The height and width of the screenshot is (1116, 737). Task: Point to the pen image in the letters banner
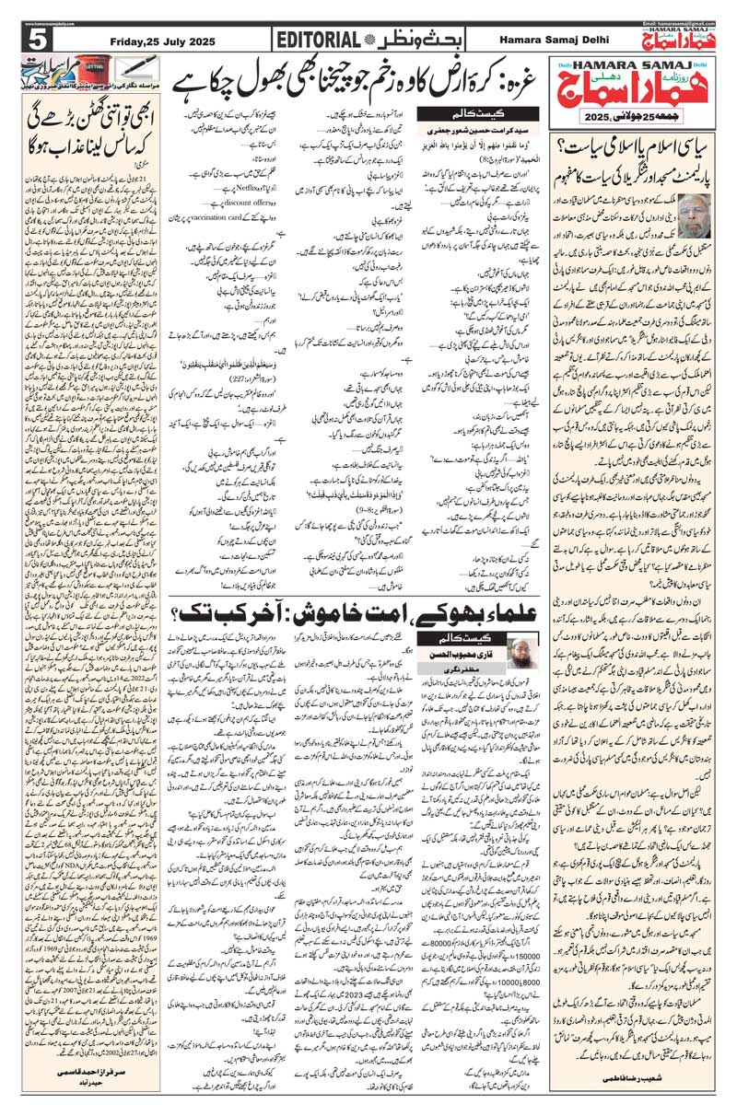pyautogui.click(x=138, y=69)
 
